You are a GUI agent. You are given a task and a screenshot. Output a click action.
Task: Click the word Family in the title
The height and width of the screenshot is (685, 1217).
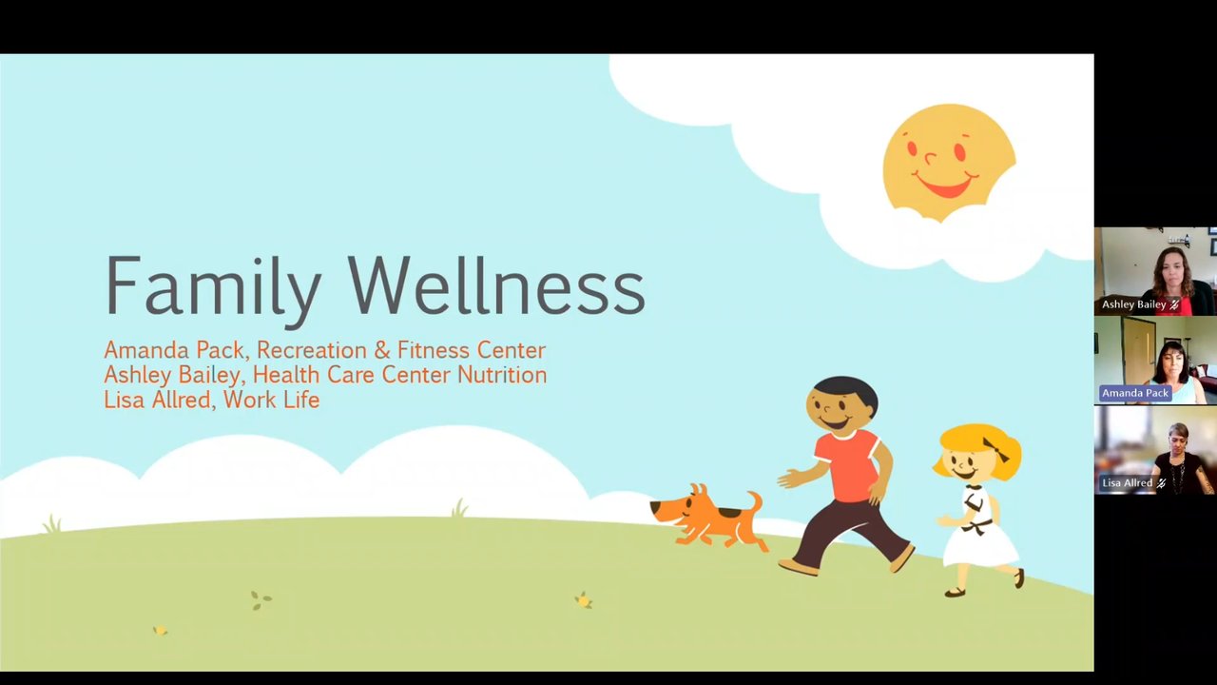coord(212,289)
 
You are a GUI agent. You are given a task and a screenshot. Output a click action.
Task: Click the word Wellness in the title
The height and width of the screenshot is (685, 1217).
coord(496,284)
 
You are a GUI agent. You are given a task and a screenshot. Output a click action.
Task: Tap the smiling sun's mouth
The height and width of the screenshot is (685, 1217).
coord(944,185)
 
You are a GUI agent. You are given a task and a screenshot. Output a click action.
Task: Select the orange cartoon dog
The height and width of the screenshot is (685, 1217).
coord(707,516)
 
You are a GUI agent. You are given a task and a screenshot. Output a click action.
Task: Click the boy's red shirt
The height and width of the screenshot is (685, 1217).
coord(846,465)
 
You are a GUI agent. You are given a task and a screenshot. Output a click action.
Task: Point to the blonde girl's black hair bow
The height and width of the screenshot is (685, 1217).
coord(995,450)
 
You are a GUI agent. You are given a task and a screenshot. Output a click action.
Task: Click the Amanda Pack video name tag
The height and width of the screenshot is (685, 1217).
coord(1135,393)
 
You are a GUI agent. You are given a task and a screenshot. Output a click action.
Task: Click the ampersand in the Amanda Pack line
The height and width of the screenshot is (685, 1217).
coord(382,350)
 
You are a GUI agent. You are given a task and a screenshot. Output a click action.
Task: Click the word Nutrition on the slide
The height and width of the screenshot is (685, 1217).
coord(502,375)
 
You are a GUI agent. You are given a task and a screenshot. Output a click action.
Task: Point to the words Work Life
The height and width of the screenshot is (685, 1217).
coord(271,401)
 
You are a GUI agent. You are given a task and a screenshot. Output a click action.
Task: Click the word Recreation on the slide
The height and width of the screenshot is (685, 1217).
coord(311,350)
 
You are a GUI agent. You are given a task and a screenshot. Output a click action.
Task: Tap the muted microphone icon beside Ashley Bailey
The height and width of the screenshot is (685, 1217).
coord(1174,305)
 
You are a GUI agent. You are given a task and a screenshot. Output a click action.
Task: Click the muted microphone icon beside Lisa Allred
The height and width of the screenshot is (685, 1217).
coord(1161,482)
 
